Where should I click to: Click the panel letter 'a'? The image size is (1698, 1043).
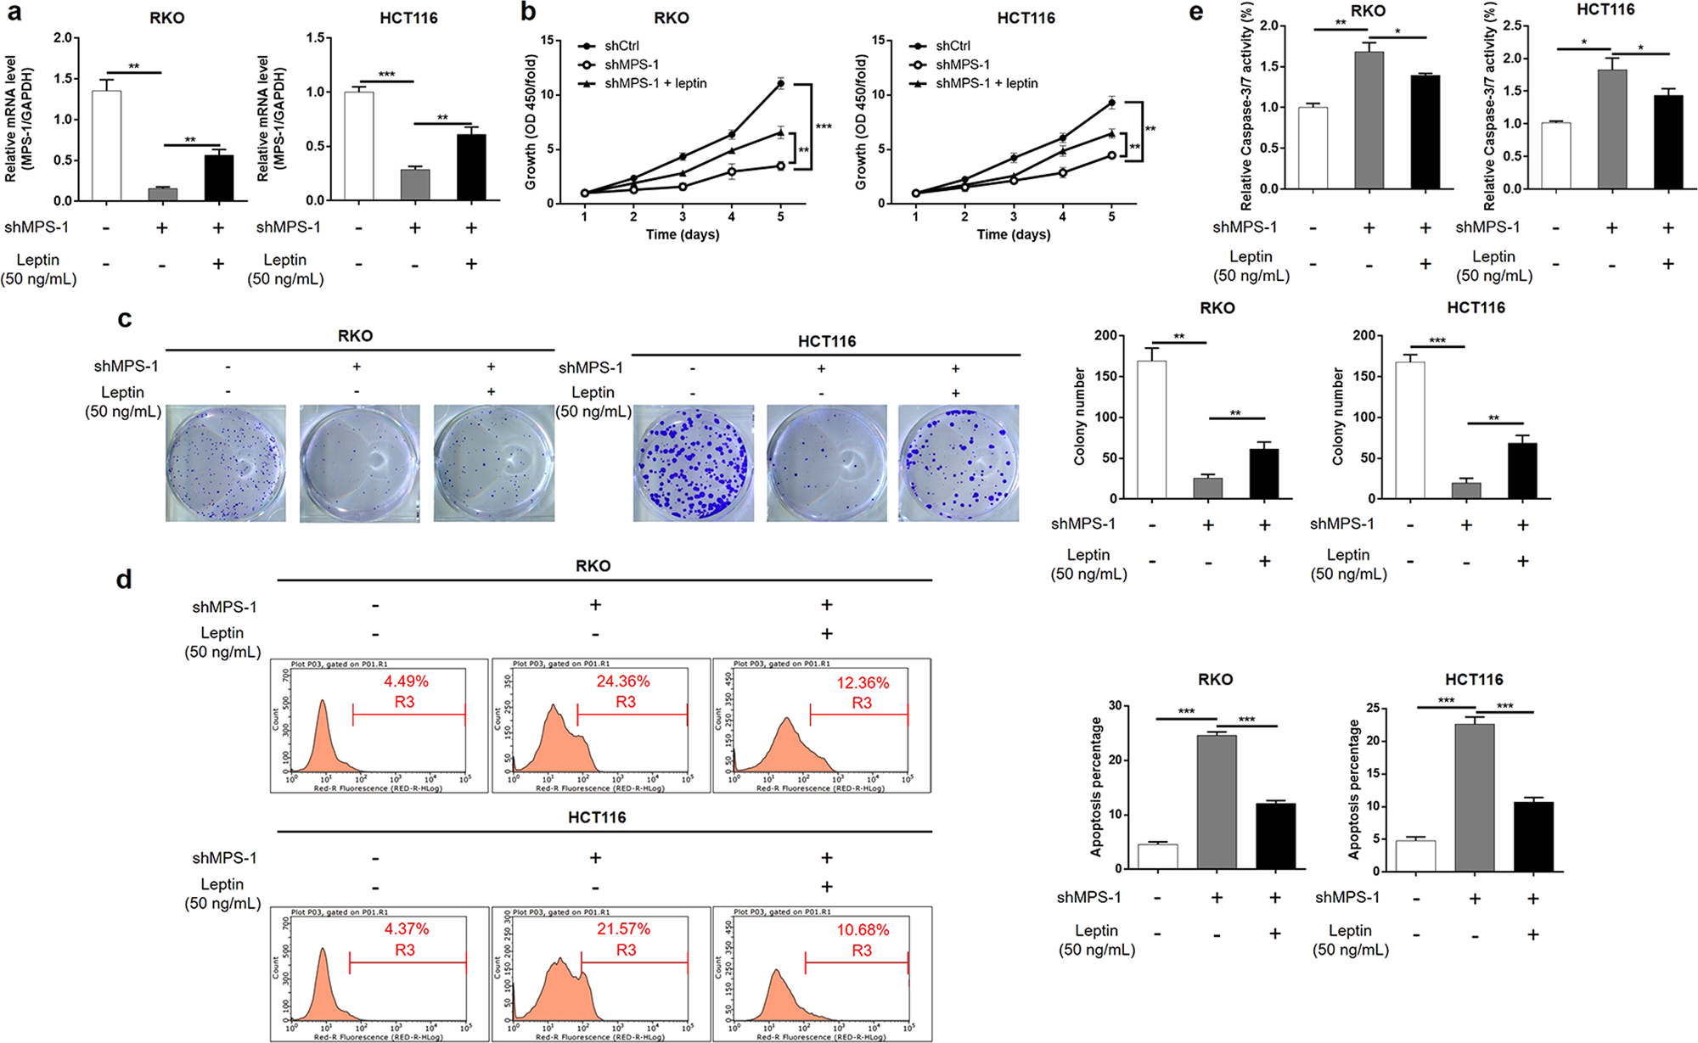click(14, 13)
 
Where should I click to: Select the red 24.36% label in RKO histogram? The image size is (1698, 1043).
click(622, 681)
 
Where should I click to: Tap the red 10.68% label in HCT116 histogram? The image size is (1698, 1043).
click(863, 930)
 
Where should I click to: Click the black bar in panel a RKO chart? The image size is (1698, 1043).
click(219, 177)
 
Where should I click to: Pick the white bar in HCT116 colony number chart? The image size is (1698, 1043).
click(1410, 429)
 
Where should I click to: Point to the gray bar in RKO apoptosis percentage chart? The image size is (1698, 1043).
click(1217, 801)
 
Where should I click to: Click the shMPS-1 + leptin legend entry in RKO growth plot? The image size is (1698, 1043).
click(655, 83)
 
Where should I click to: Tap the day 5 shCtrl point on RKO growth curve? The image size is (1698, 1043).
click(780, 83)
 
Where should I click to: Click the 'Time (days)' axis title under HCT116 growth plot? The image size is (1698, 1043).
click(1013, 234)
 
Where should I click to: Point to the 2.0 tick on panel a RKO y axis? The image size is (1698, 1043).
click(63, 38)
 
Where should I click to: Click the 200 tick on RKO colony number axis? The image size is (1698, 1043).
click(1105, 335)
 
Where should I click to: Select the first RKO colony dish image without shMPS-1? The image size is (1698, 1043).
click(226, 463)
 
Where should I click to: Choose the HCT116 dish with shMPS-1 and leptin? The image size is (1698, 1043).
click(959, 463)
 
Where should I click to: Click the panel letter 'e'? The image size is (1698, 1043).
click(1197, 13)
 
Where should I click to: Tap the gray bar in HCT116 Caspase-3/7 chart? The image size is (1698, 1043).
click(1611, 128)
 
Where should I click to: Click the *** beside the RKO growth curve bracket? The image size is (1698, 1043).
click(823, 127)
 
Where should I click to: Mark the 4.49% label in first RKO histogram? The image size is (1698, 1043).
click(406, 681)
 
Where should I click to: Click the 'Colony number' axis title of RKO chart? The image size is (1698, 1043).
click(1080, 416)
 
